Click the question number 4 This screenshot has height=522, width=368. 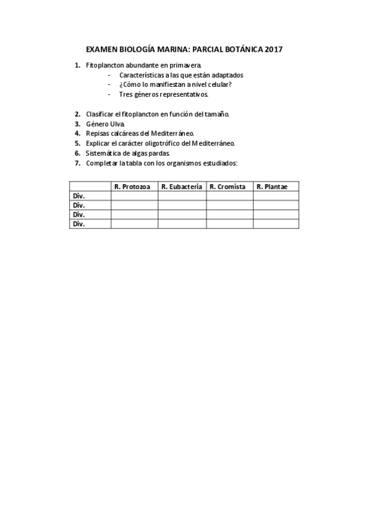77,133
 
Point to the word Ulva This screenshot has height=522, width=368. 117,124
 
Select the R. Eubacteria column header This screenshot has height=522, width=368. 182,187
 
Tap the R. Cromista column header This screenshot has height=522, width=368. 229,187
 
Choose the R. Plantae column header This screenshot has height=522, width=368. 276,187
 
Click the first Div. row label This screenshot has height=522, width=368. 79,196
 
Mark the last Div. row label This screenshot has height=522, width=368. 79,224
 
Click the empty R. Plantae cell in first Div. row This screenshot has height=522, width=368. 276,196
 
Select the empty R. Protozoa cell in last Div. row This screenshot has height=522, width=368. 134,224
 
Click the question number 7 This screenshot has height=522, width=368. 77,163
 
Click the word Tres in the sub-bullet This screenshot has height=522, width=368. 125,95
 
